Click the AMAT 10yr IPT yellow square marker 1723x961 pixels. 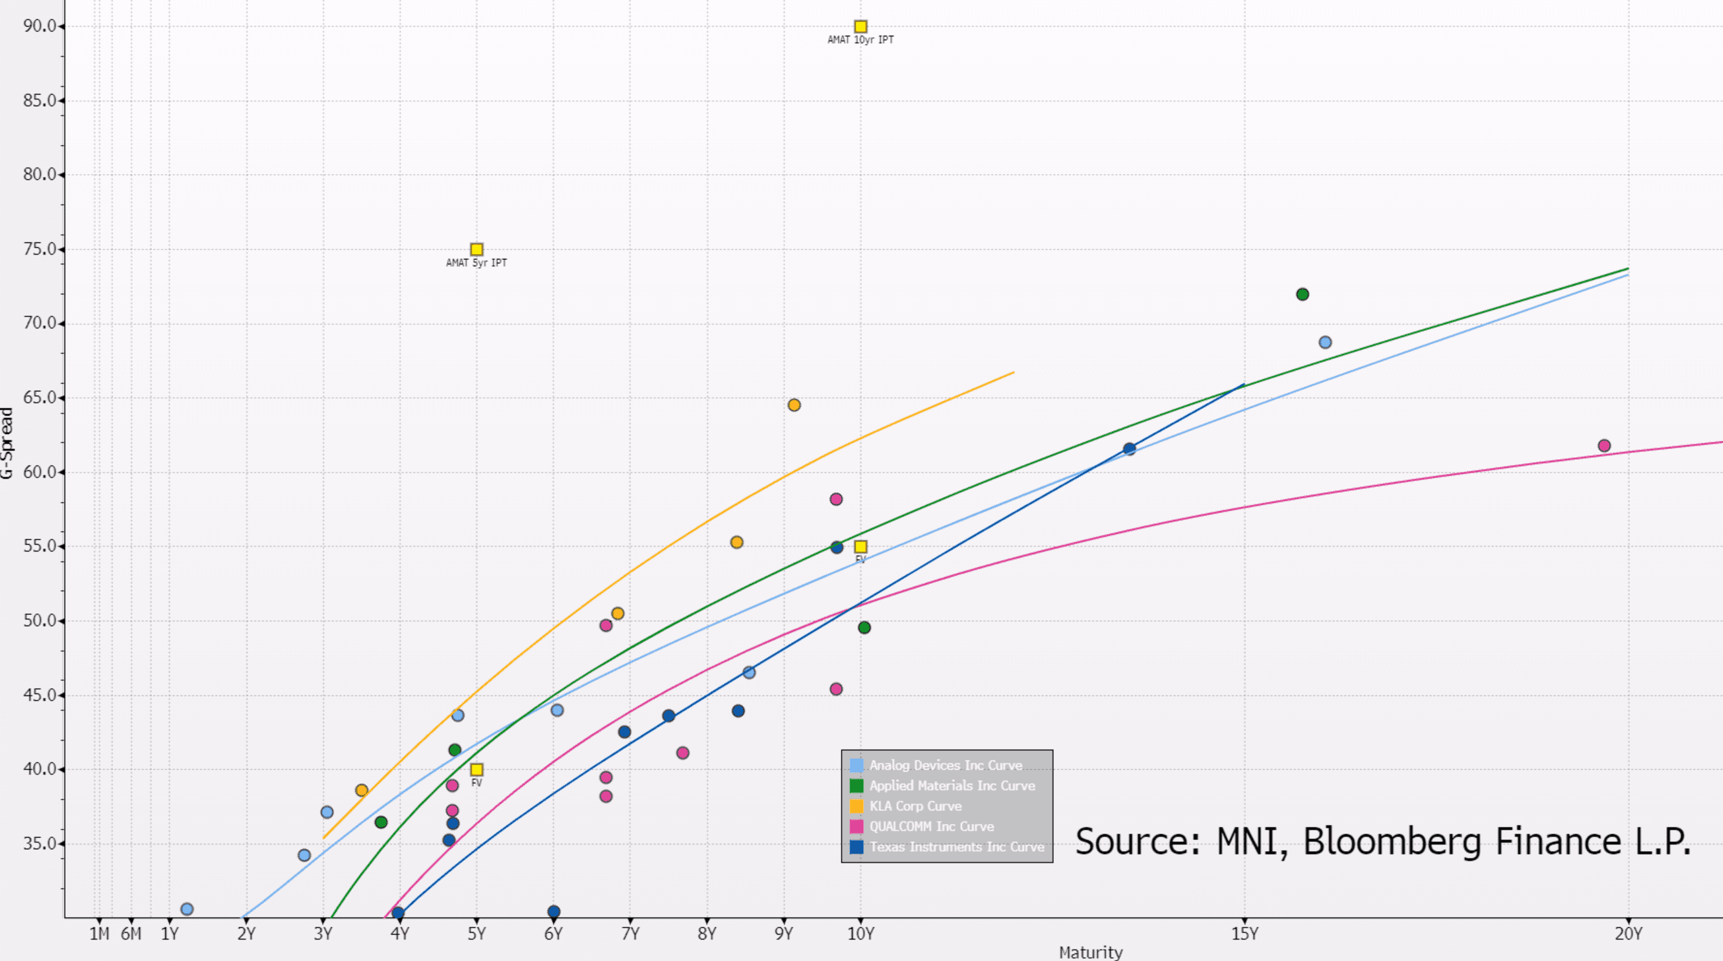(861, 27)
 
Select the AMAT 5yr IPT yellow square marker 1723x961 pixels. (476, 250)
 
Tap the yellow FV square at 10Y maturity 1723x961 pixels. (861, 546)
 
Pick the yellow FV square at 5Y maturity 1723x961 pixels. (476, 770)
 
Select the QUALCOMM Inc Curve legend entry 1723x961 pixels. (931, 826)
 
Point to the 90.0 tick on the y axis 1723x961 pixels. (40, 26)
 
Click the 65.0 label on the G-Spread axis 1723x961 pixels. (40, 398)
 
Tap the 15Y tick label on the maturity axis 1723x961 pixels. (1244, 934)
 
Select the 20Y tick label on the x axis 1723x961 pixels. (1628, 934)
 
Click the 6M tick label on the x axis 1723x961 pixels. (131, 934)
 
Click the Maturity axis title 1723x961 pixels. (1090, 953)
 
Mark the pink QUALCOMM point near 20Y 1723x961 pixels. (1604, 446)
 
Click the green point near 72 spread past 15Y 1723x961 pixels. (1302, 294)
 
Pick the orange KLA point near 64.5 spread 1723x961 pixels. (794, 405)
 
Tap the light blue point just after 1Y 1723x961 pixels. (187, 909)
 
